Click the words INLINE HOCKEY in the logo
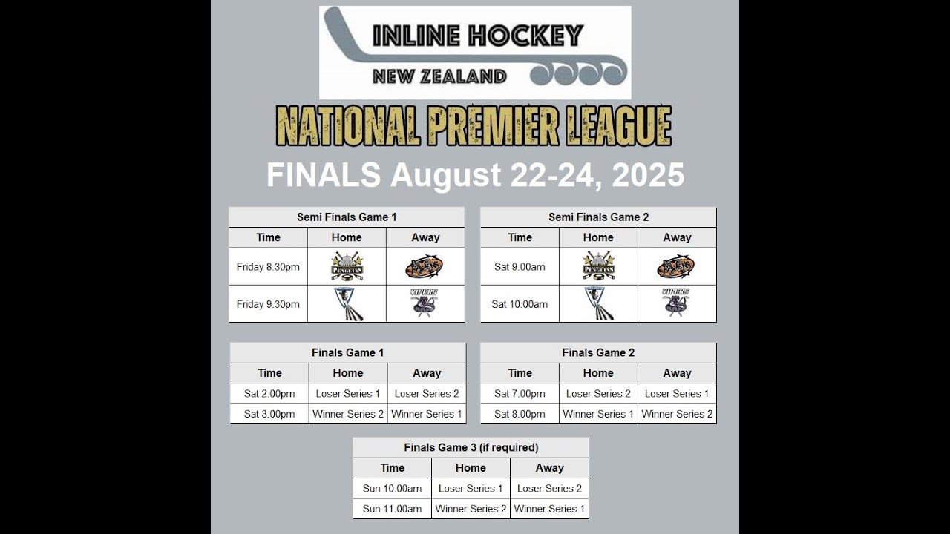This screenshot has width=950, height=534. (x=478, y=36)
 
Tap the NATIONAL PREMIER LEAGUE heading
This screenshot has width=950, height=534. (x=474, y=126)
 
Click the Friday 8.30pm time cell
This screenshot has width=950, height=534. (x=268, y=267)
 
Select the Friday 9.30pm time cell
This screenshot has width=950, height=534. (x=268, y=304)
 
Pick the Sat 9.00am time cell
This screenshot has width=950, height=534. (x=520, y=267)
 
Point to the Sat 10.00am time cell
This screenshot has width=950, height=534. (x=520, y=304)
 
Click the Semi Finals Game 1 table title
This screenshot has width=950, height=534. (x=347, y=217)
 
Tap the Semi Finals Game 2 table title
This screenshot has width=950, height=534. (x=598, y=217)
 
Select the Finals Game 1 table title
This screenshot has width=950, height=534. (x=348, y=353)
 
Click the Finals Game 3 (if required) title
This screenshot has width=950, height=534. (x=471, y=448)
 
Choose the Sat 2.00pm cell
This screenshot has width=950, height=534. (x=269, y=394)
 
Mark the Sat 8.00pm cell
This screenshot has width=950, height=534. (x=520, y=414)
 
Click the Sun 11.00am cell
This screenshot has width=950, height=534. (x=392, y=509)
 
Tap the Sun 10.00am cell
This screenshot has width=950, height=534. (x=392, y=489)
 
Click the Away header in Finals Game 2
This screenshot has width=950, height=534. (x=677, y=373)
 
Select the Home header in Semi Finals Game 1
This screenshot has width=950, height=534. (x=347, y=237)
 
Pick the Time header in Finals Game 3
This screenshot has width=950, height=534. (x=392, y=468)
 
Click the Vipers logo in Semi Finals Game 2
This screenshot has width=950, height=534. (x=675, y=303)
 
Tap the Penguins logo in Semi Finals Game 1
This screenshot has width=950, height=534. (x=347, y=266)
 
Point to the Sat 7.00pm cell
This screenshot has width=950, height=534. (x=520, y=394)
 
